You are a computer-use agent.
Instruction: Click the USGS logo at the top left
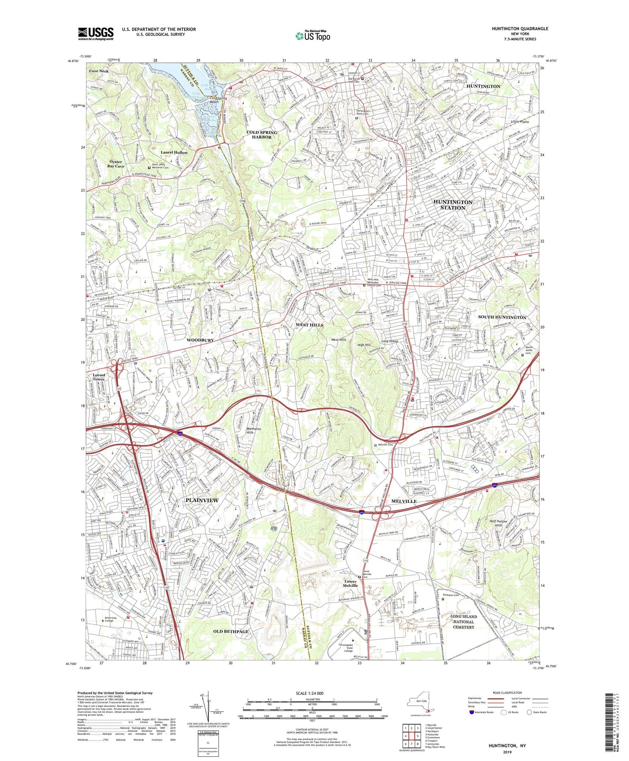click(96, 34)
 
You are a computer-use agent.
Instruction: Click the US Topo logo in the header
click(313, 36)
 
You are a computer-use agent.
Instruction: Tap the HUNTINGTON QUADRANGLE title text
click(520, 29)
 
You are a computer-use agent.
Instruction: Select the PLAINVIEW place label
click(202, 500)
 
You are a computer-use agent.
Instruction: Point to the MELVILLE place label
click(403, 501)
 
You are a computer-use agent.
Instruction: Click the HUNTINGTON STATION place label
click(453, 205)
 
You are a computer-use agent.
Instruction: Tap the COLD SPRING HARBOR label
click(262, 135)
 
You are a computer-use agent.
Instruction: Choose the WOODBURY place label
click(200, 340)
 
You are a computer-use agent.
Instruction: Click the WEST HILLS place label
click(309, 325)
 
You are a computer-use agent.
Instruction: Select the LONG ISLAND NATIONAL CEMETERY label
click(463, 622)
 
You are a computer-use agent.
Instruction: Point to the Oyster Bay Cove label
click(116, 164)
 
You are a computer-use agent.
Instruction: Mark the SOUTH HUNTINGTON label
click(502, 317)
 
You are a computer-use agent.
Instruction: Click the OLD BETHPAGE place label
click(231, 631)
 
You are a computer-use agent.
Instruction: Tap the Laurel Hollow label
click(174, 152)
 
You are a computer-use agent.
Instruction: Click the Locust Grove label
click(99, 377)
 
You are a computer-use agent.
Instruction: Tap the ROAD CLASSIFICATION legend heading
click(507, 693)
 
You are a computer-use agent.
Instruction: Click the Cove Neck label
click(99, 71)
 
